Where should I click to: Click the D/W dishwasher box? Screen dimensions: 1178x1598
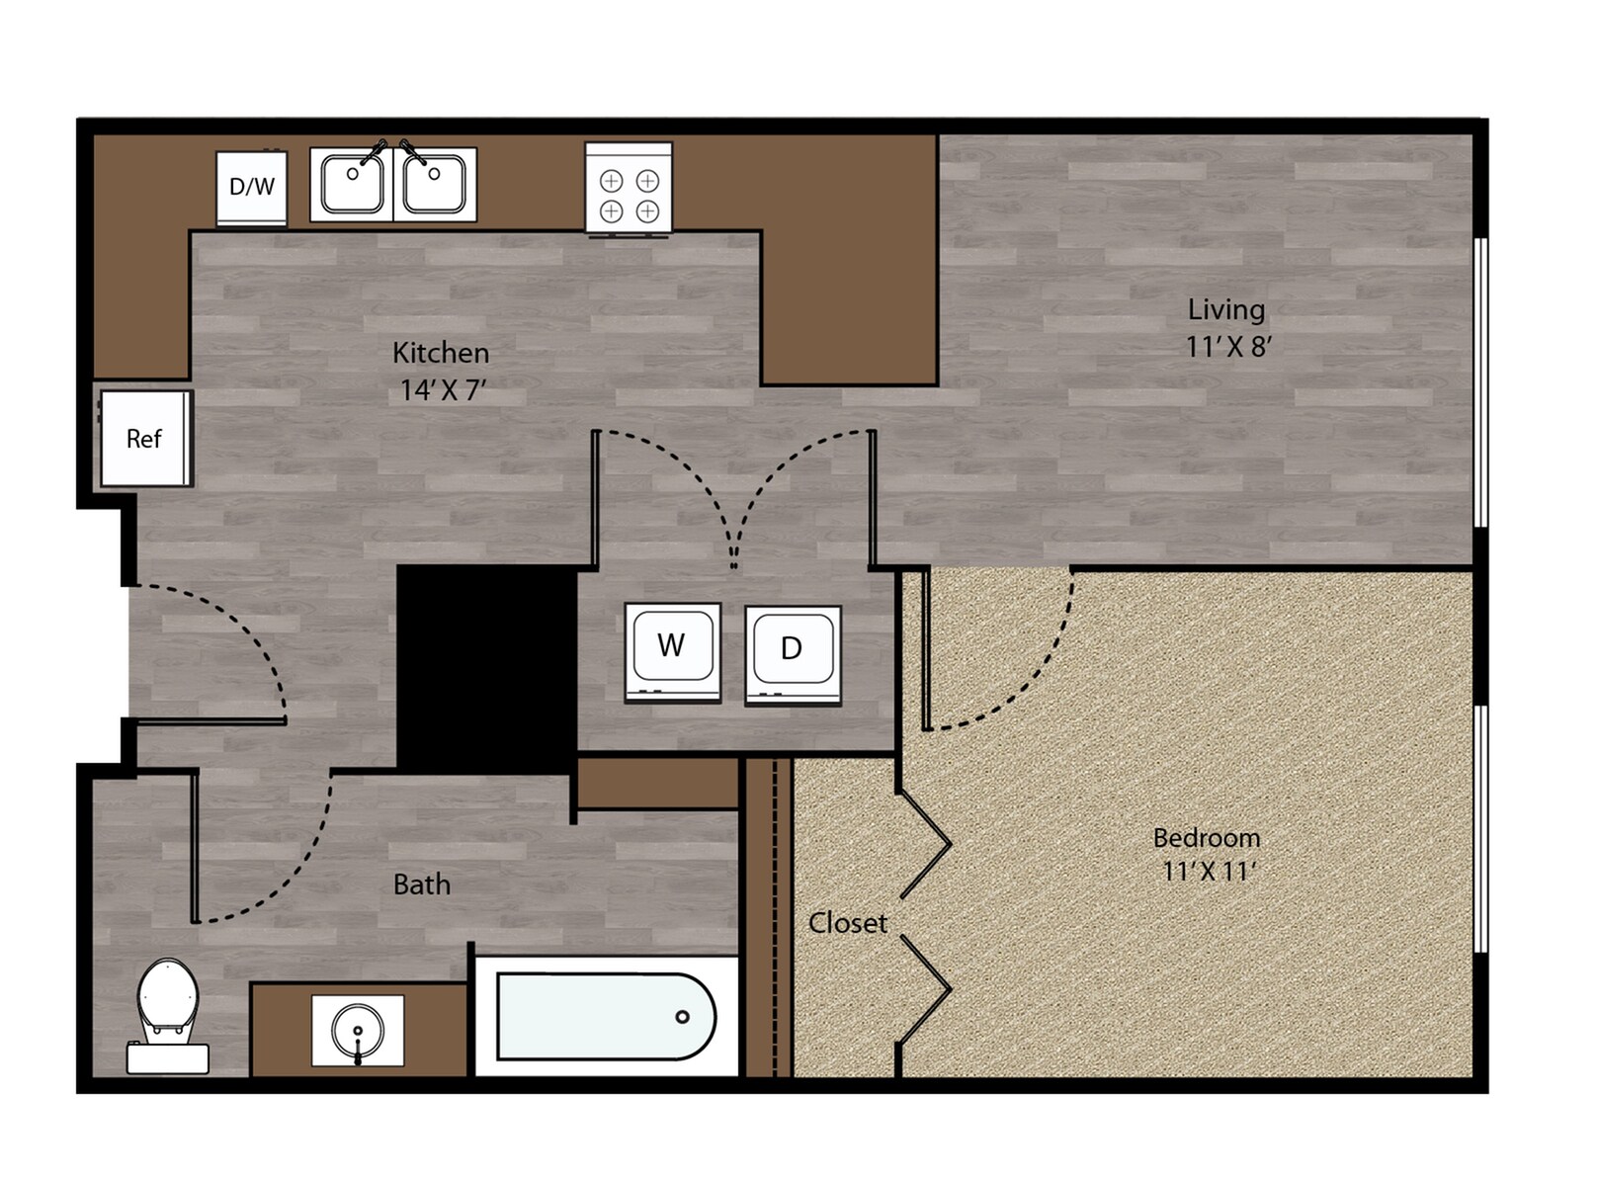pos(252,187)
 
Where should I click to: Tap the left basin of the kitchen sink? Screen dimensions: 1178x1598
pos(353,184)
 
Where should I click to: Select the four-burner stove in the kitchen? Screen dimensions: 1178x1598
pos(629,189)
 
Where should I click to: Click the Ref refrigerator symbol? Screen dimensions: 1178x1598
pos(145,438)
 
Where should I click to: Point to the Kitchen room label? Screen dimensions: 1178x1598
pos(441,353)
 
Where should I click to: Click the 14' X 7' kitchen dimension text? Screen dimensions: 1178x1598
pos(443,390)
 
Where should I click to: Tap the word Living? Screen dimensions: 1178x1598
pos(1225,309)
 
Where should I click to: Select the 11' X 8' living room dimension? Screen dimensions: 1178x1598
pos(1227,347)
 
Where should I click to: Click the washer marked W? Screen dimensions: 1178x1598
pos(672,650)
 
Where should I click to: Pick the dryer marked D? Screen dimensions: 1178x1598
pos(793,652)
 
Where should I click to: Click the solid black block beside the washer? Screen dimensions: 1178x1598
pos(487,667)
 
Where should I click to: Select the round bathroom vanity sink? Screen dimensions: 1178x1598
pos(358,1030)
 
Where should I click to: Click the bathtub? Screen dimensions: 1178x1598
pos(605,1016)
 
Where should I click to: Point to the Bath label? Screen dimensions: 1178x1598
pos(422,883)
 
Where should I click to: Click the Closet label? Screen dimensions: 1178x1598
pos(847,923)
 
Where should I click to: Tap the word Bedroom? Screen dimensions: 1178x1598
pos(1206,838)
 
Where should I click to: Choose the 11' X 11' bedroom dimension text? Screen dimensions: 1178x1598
pos(1208,872)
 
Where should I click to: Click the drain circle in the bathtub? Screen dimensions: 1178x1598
pos(682,1017)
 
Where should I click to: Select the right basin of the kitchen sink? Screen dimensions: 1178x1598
pos(435,184)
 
